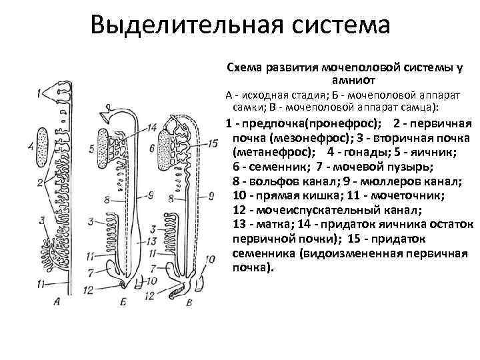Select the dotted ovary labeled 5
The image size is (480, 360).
pyautogui.click(x=105, y=145)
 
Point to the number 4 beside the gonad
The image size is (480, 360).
pyautogui.click(x=31, y=145)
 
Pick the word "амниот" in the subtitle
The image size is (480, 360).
pyautogui.click(x=350, y=79)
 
